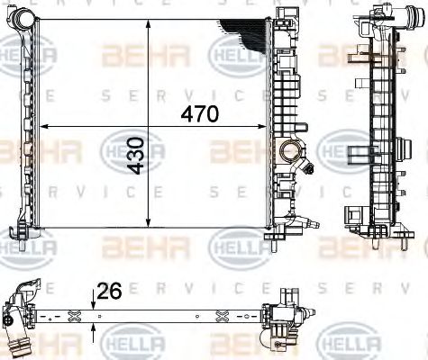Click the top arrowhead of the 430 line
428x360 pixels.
tap(148, 15)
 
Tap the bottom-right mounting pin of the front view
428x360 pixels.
tap(269, 241)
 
